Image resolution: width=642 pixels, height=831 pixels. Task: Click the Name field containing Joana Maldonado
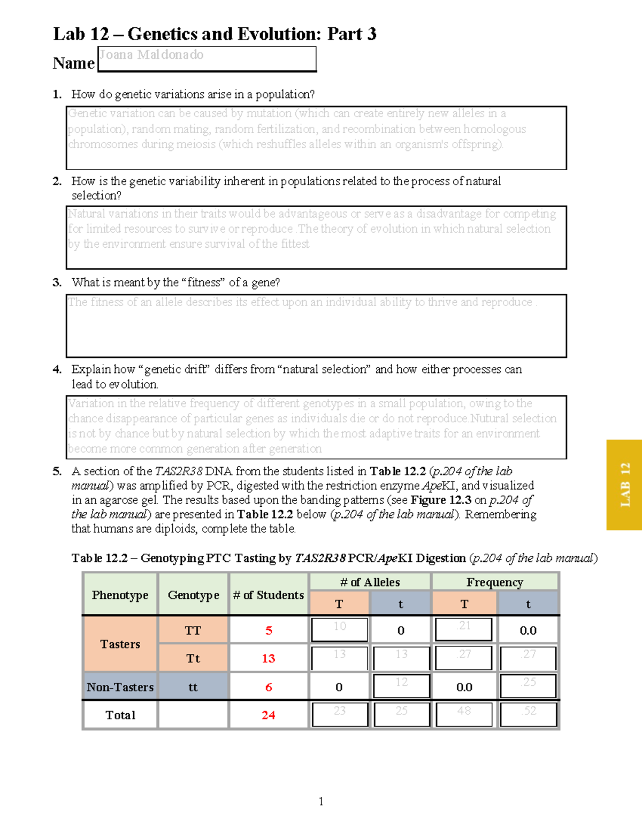point(207,58)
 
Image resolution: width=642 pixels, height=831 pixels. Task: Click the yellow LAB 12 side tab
point(624,485)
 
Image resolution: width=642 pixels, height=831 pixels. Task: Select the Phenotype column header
point(120,594)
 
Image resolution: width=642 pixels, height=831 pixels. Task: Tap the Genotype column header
point(193,594)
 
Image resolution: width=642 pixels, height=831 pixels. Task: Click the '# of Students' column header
point(268,594)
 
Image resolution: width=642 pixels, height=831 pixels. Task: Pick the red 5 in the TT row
point(269,630)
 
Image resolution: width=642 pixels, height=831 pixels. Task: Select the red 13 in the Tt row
point(268,658)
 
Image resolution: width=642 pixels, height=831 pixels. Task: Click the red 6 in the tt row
point(269,687)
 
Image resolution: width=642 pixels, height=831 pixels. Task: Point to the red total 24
point(268,715)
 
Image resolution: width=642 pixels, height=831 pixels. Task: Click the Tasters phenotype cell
point(120,644)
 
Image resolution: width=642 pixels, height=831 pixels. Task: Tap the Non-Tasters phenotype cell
point(120,687)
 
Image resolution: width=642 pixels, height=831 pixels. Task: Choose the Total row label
point(120,715)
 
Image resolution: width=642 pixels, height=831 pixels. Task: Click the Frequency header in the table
point(494,582)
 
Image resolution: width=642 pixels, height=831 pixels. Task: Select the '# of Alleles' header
point(370,582)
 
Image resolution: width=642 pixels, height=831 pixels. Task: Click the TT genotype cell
point(193,630)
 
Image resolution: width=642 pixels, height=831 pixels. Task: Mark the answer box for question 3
point(316,326)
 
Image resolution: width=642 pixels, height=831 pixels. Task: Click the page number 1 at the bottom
point(320,801)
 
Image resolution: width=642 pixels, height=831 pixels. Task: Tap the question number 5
point(57,471)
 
